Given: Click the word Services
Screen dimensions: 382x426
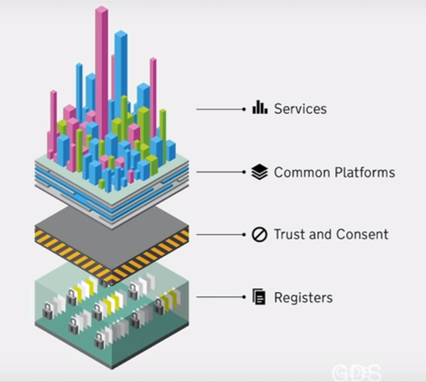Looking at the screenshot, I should click(300, 109).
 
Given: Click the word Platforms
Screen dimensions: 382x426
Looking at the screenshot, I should click(365, 172).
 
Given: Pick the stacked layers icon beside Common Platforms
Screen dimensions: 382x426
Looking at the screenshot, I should click(259, 172).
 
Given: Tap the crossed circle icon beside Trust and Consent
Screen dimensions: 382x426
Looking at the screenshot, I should click(259, 235).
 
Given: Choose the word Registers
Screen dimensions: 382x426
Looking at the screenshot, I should click(303, 298).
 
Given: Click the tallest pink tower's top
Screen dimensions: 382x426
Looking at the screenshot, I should click(102, 9).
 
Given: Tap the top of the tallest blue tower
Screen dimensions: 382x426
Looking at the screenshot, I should click(121, 33).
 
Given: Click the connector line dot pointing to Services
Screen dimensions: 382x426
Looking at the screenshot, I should click(244, 109).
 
